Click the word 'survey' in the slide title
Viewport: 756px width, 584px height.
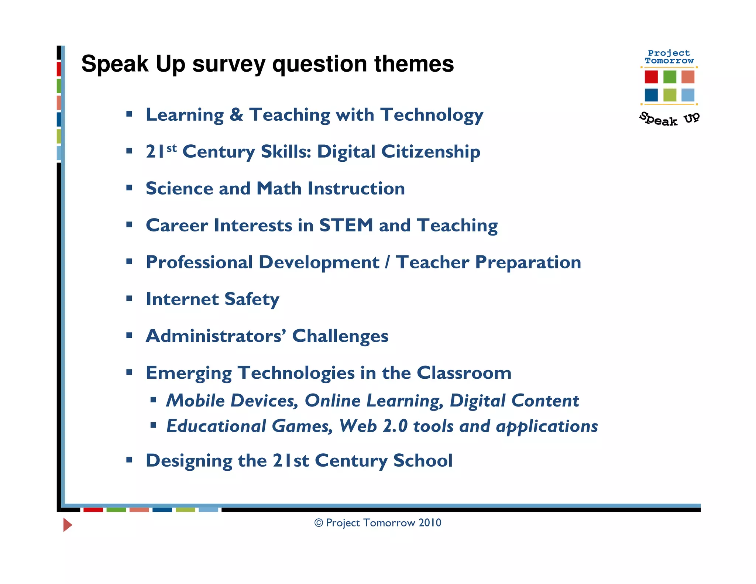[x=228, y=64]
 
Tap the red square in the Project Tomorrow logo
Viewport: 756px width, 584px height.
[x=651, y=77]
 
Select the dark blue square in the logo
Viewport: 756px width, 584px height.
[x=651, y=95]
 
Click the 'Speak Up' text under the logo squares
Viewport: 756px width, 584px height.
[x=669, y=119]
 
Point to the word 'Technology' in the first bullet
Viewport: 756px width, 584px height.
[x=432, y=115]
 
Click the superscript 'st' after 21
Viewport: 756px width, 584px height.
[x=172, y=148]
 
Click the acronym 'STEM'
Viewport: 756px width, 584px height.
[x=346, y=225]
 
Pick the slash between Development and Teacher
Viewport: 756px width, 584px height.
[x=387, y=262]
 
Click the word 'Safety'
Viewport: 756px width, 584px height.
[x=251, y=299]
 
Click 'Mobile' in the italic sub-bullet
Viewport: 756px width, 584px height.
[x=195, y=401]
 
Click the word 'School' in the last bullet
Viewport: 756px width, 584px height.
[x=423, y=460]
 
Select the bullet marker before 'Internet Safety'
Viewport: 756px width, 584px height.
[x=129, y=298]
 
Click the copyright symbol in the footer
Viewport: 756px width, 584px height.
[x=319, y=523]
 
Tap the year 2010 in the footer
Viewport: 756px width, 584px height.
[x=430, y=523]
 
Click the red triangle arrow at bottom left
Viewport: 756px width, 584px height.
[x=67, y=525]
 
